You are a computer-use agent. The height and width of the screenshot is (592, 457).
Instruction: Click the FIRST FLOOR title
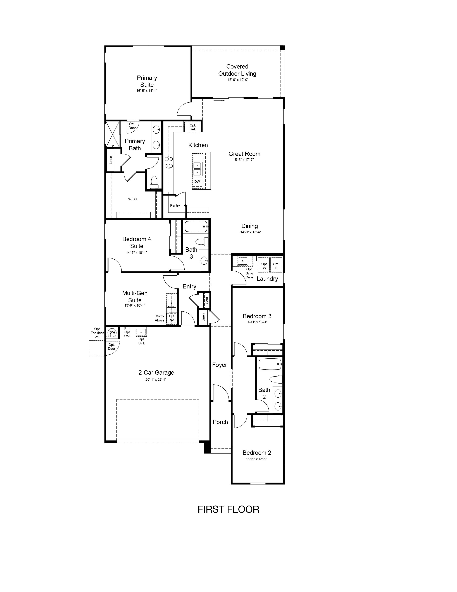pos(228,509)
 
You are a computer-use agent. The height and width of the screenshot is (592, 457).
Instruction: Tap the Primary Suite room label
pos(147,81)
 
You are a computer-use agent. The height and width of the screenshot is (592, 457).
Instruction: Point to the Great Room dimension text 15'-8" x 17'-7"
pos(243,160)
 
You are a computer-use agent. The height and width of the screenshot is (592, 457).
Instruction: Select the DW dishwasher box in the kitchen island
pos(197,182)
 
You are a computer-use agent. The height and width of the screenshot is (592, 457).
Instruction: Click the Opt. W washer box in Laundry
pos(264,265)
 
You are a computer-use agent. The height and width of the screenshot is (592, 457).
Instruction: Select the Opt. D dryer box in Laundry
pos(276,265)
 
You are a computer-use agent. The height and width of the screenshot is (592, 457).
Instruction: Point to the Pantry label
pos(175,205)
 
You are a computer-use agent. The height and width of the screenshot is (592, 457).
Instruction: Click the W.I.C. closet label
pos(133,199)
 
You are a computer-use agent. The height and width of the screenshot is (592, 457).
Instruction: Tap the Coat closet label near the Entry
pos(207,300)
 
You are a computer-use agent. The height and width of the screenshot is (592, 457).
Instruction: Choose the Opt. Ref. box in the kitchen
pos(192,127)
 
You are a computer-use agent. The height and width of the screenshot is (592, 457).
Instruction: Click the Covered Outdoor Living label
pos(237,70)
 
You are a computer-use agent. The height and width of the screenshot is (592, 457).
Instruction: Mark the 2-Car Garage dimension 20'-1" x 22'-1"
pos(156,379)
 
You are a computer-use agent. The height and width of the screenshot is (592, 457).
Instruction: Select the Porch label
pos(220,422)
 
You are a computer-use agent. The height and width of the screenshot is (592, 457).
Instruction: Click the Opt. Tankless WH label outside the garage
pos(97,333)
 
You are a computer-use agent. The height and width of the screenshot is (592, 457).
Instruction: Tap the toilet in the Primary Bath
pos(154,182)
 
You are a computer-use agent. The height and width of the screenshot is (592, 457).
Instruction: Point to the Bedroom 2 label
pos(257,453)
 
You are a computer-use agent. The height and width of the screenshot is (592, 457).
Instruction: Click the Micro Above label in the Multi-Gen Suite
pos(160,318)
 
